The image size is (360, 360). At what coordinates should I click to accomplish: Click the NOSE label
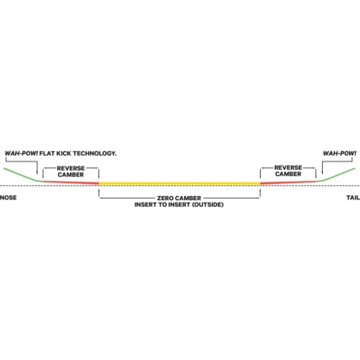point(8,198)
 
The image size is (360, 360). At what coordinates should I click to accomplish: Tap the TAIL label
point(353,198)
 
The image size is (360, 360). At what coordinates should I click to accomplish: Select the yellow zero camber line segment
point(179,183)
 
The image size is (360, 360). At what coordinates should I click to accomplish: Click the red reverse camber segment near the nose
point(71,183)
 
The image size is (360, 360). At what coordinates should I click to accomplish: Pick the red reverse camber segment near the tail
point(289,183)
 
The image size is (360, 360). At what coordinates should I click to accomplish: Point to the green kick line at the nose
point(23,175)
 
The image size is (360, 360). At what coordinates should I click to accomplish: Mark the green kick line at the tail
point(336,175)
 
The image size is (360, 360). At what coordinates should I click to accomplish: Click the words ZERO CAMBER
point(179,199)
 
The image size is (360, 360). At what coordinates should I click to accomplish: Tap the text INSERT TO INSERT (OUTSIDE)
point(179,204)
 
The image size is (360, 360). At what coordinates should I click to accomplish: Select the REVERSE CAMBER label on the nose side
point(71,172)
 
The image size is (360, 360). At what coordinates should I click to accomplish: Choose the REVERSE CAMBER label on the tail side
point(289,171)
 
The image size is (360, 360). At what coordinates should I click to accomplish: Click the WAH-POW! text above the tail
point(340,153)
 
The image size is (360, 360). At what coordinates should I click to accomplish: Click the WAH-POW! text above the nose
point(21,153)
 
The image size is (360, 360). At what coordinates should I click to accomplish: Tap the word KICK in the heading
point(64,153)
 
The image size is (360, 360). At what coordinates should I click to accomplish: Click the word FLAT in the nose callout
point(47,153)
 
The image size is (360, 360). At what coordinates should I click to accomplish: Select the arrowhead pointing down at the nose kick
point(37,172)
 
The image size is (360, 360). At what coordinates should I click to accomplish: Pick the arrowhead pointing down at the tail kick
point(322,172)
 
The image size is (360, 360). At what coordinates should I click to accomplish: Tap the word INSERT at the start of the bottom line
point(145,204)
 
